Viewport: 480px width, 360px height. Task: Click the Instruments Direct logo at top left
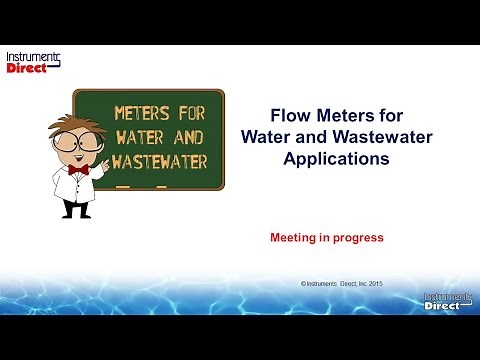(33, 61)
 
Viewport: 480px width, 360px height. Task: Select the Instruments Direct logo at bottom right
(444, 301)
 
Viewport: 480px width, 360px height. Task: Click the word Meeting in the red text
(293, 239)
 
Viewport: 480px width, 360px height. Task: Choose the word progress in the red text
(360, 239)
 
